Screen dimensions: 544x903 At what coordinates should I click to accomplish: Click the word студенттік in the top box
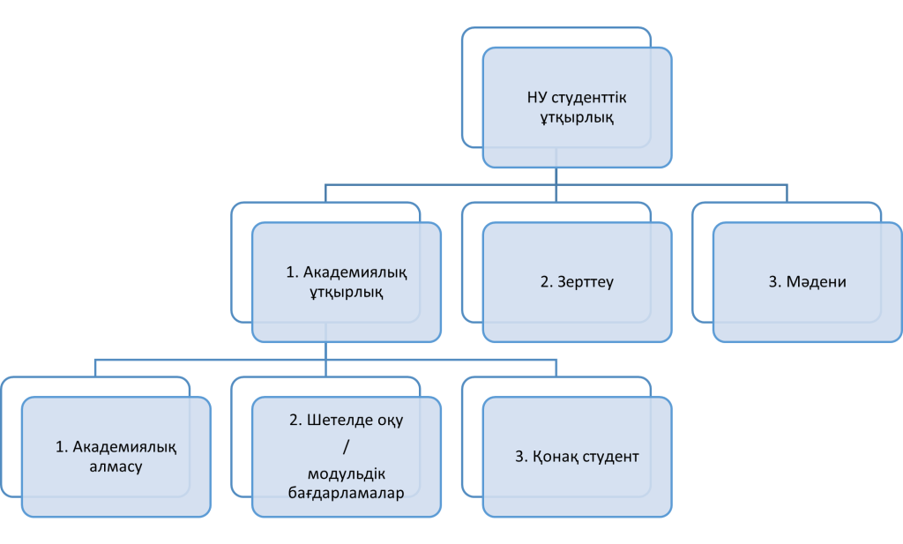592,97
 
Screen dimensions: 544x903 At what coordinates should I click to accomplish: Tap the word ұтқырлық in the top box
577,116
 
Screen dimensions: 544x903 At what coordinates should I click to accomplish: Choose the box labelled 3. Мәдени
807,282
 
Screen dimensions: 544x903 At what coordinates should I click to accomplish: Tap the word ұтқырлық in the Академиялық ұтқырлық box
346,293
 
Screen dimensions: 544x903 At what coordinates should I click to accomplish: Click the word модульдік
346,473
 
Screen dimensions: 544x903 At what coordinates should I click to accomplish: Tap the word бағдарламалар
346,494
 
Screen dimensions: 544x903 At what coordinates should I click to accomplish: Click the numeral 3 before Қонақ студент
519,458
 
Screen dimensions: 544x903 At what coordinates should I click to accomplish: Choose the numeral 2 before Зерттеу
544,283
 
